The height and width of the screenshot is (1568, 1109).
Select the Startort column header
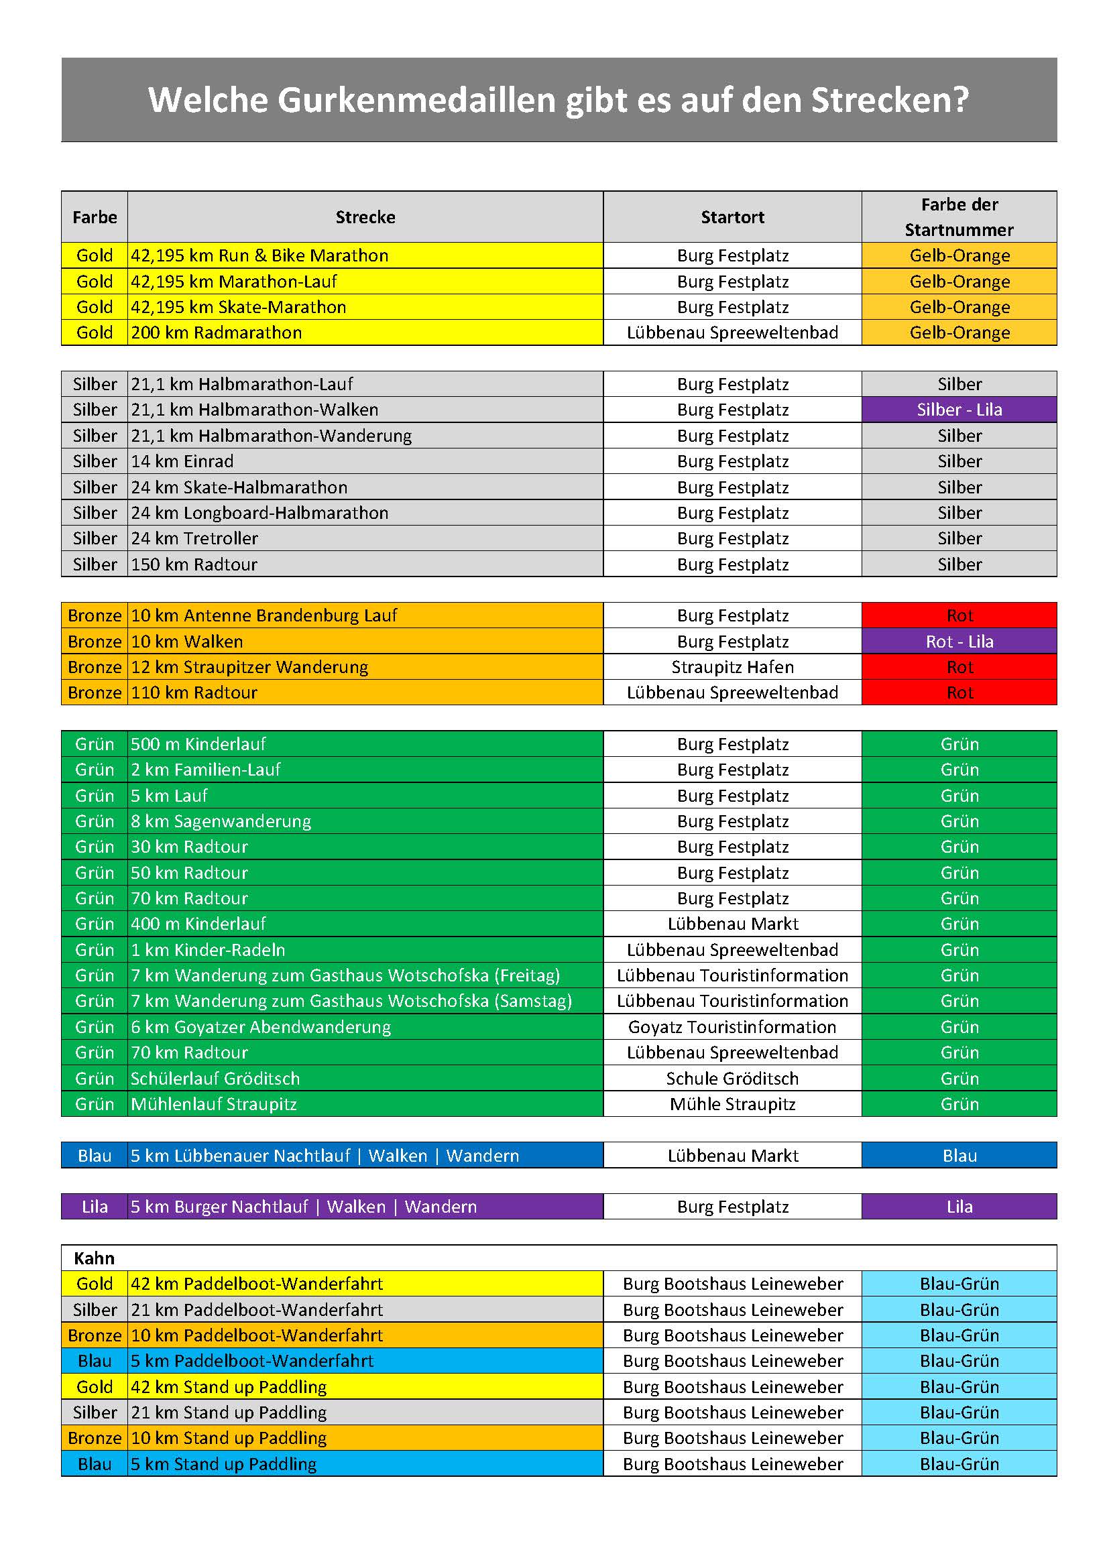732,217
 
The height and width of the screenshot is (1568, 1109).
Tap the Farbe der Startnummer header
959,217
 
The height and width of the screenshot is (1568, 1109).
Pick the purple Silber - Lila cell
959,410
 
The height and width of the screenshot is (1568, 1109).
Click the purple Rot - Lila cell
959,642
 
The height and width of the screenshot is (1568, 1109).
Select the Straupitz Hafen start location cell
732,667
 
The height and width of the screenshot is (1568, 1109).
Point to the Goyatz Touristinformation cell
732,1027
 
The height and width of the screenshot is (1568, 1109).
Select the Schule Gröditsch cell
732,1079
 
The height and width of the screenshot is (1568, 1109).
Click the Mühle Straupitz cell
732,1104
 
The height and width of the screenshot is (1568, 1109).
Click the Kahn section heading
95,1259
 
